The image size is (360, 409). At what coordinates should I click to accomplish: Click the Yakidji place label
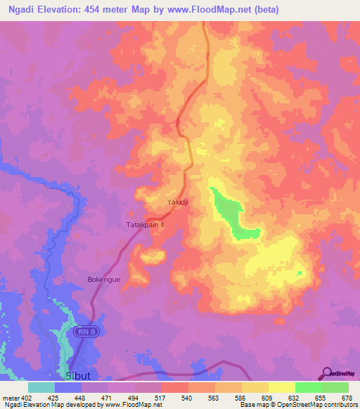pos(178,203)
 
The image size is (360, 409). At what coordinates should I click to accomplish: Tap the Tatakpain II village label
pos(145,225)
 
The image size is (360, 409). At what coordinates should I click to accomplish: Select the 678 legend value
pos(347,397)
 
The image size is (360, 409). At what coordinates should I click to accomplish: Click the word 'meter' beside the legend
pos(10,397)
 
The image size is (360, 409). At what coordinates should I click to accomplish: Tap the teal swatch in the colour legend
pos(41,387)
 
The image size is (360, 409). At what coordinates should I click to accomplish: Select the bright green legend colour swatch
pos(308,387)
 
